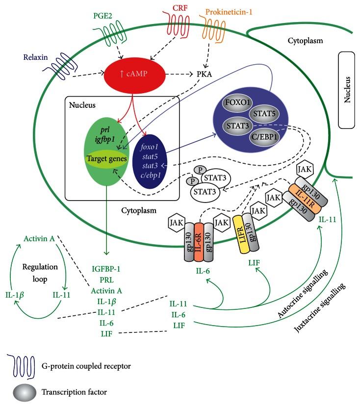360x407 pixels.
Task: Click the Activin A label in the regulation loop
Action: [x=39, y=239]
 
